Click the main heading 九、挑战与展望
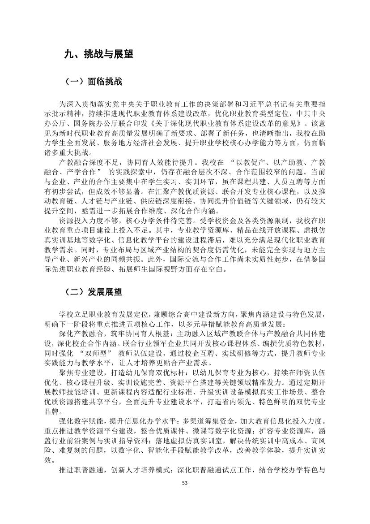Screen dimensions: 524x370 coord(98,55)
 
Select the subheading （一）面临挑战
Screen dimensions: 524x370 coord(94,82)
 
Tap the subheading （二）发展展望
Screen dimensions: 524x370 coord(94,291)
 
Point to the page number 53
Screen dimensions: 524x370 coord(185,483)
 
